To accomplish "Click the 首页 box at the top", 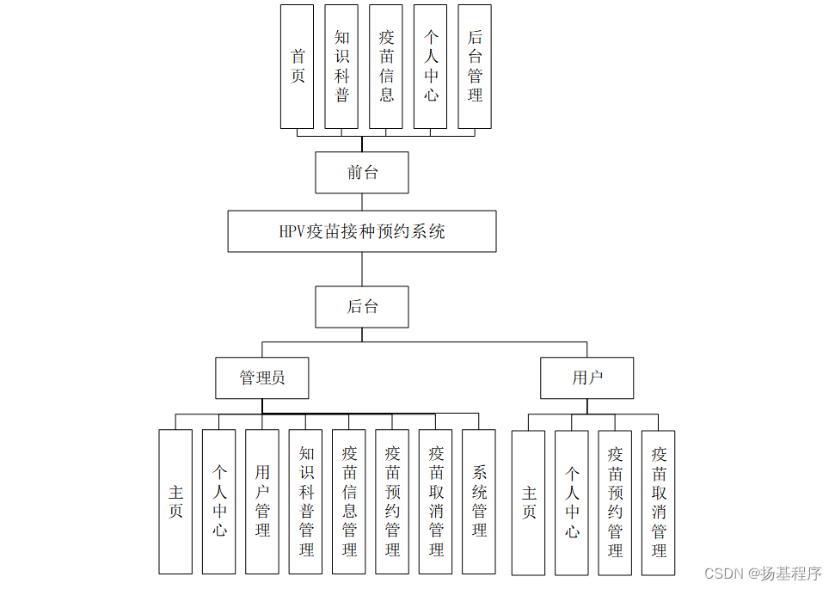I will click(298, 66).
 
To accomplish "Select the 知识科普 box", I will click(341, 66).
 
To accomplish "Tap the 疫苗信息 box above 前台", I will click(386, 66).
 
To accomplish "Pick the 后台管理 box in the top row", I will click(475, 66).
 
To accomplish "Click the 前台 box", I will click(362, 173).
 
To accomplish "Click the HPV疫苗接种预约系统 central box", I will click(362, 231).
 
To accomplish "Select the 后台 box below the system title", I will click(362, 307).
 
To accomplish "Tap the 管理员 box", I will click(262, 378).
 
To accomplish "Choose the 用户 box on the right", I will click(587, 378).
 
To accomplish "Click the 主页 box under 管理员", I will click(175, 501).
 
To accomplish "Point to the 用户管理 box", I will click(262, 501).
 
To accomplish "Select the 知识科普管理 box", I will click(306, 501).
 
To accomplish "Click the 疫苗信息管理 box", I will click(349, 501).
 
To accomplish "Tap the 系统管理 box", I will click(479, 501).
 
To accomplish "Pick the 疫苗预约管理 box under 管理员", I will click(392, 501).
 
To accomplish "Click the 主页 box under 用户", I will click(528, 502).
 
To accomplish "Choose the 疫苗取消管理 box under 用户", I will click(659, 502).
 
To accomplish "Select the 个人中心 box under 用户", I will click(572, 502).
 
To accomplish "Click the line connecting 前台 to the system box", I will click(362, 202).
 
